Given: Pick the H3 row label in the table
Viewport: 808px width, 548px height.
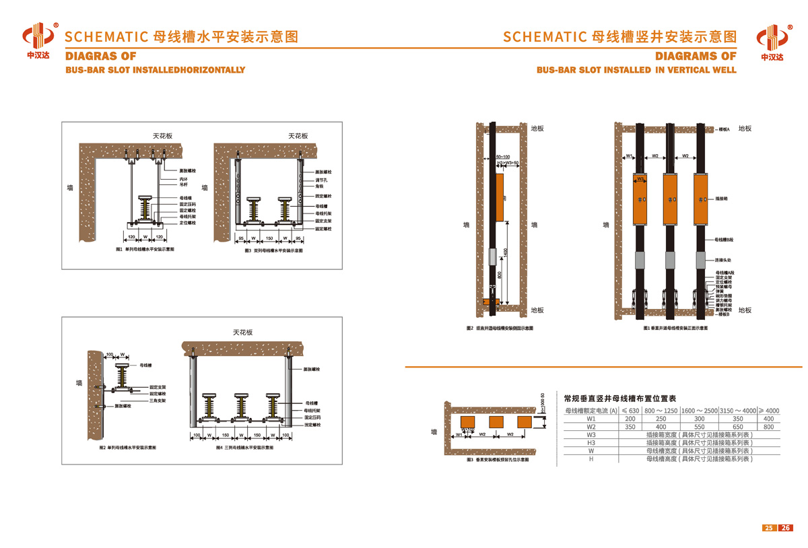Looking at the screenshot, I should (591, 442).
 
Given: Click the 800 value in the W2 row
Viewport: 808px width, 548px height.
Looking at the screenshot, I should (768, 426).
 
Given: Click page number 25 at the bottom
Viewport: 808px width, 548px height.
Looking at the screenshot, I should (768, 528).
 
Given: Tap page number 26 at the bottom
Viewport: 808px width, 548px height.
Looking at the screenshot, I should (784, 528).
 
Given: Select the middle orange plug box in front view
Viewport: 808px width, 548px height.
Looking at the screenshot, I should (671, 200).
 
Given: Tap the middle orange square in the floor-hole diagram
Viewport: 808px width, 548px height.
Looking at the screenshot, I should (497, 421).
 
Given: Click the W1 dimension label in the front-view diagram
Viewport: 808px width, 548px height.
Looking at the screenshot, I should (628, 156).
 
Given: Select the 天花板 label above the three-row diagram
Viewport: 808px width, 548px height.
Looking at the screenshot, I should (242, 333).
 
